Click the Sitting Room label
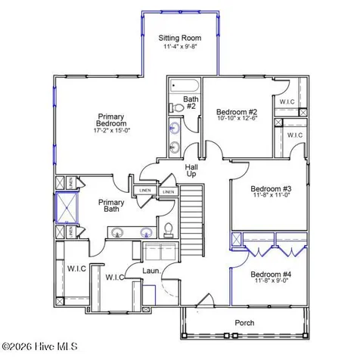[x=178, y=38]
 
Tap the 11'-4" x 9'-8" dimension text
[x=178, y=47]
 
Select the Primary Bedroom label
[x=111, y=120]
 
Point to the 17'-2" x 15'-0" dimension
[x=111, y=130]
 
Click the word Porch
[x=244, y=323]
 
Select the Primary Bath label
[x=111, y=207]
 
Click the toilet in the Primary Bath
[x=169, y=230]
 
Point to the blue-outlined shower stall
[x=66, y=208]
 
